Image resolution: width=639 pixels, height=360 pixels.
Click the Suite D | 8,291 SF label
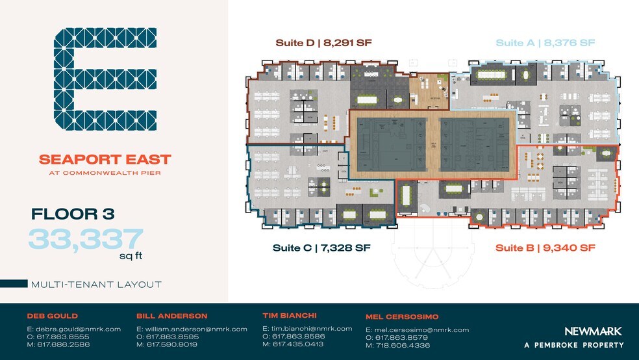coord(323,43)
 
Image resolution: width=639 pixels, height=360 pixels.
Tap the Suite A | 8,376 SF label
coord(545,43)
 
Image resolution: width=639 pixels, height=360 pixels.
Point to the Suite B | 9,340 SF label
coord(545,248)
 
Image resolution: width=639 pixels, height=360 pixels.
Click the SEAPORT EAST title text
coord(105,159)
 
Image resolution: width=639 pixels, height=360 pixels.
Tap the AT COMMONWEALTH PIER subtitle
coord(105,173)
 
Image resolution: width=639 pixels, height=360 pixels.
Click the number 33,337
coord(85,238)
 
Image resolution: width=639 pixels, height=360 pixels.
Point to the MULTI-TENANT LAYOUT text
coord(96,284)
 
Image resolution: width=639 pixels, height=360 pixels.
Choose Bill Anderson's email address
coord(192,329)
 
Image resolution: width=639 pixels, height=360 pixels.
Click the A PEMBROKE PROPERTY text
coord(573,345)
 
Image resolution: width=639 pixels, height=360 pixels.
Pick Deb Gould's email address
coord(73,329)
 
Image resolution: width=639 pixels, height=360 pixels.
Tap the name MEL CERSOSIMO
coord(403,316)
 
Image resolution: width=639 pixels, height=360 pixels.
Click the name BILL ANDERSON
coord(172,316)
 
